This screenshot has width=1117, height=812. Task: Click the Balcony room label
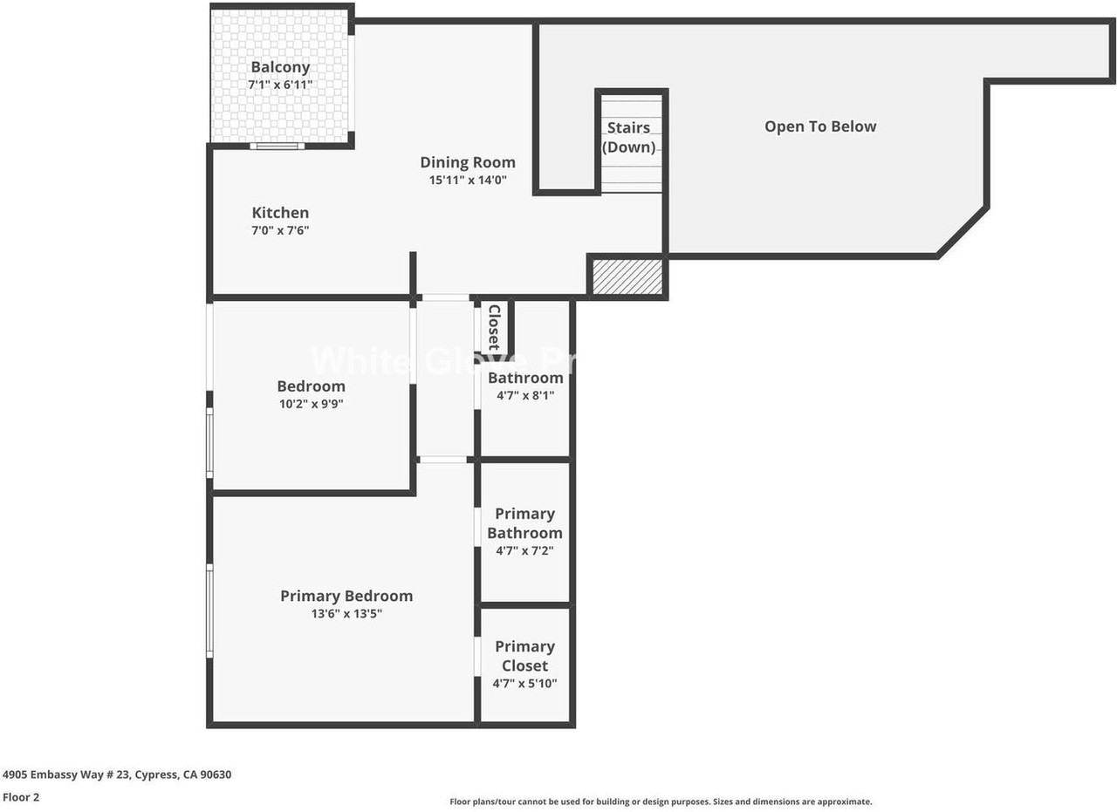coord(280,67)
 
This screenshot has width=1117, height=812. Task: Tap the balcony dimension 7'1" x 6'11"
coord(280,85)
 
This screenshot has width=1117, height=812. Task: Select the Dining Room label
coord(468,162)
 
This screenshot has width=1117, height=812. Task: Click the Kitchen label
coord(280,213)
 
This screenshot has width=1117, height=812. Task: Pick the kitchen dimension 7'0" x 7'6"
coord(280,231)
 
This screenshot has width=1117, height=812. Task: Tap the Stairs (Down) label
coord(629,138)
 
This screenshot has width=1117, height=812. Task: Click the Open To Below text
coord(820,126)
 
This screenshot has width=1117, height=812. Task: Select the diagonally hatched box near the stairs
coord(627,276)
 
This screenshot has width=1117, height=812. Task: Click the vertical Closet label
coord(494,326)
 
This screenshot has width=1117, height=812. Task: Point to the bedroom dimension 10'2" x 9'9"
coord(311,404)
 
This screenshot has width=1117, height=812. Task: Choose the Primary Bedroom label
coord(346,596)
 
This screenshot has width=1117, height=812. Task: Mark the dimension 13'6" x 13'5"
coord(346,614)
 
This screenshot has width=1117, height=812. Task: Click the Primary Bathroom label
coord(524,523)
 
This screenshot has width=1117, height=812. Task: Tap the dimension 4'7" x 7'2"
coord(524,551)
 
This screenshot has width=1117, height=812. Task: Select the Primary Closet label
coord(524,656)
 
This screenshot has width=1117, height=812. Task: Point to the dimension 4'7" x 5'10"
coord(524,684)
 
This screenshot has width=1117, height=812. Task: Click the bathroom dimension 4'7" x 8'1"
coord(524,395)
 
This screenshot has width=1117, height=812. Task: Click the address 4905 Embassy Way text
coord(117,774)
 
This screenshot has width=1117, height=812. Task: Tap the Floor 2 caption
coord(21,797)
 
